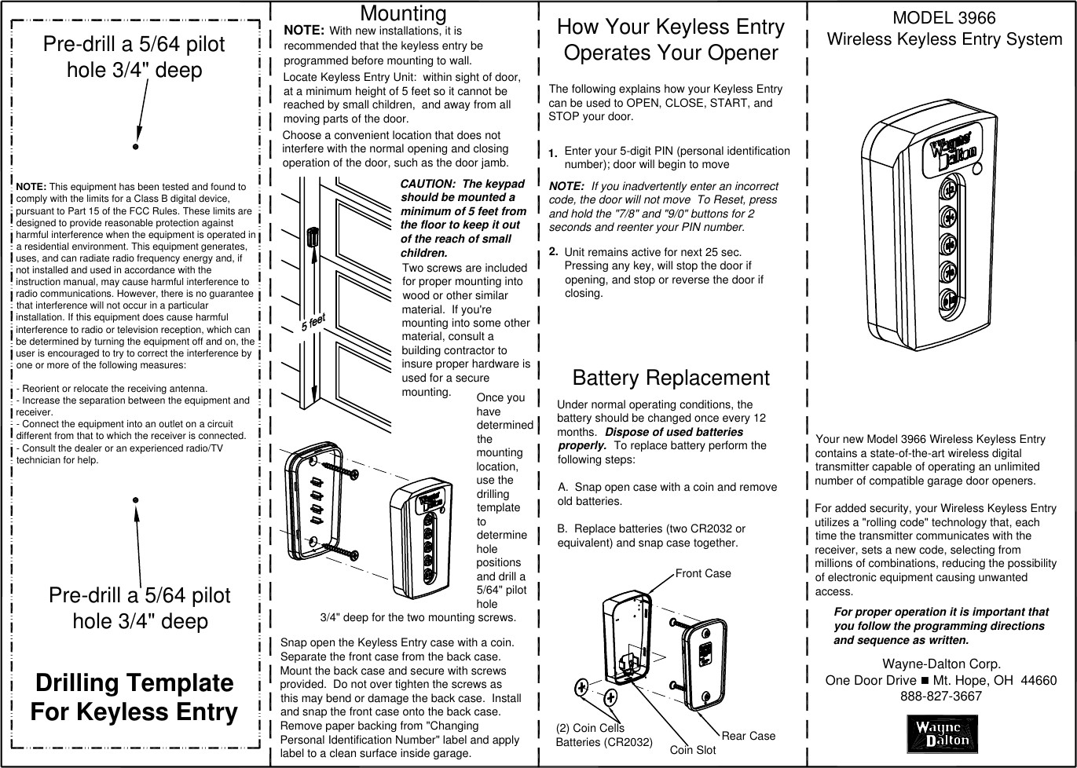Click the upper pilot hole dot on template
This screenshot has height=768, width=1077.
point(136,146)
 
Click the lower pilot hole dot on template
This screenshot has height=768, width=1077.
point(136,499)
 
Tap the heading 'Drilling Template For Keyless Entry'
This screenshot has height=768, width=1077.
point(134,697)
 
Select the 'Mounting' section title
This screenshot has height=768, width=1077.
point(403,13)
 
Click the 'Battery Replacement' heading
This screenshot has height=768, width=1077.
point(671,378)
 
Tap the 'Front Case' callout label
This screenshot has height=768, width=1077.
point(703,573)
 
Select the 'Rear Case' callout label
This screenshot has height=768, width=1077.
point(748,736)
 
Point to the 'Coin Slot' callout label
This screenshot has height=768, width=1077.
point(692,750)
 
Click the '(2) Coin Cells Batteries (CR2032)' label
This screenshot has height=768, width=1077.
point(603,735)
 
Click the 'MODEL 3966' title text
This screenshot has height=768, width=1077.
point(943,17)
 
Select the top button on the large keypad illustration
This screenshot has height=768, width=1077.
point(949,190)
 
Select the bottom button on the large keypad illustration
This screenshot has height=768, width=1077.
point(949,299)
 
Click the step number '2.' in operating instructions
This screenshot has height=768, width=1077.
point(554,251)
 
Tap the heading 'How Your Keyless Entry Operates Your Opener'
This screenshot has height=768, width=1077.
point(670,39)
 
